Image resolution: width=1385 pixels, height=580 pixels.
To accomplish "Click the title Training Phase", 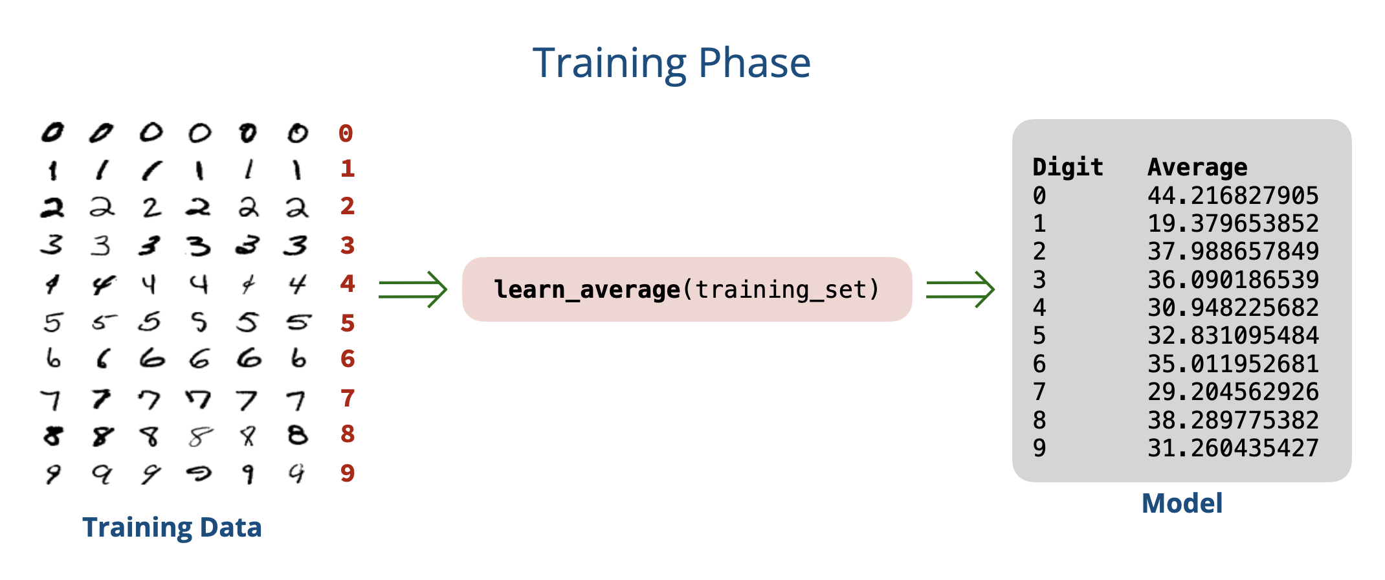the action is pyautogui.click(x=672, y=64).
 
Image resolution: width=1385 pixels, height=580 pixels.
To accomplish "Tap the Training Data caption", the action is pyautogui.click(x=172, y=528).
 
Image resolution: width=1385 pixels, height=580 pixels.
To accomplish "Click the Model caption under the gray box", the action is pyautogui.click(x=1182, y=504).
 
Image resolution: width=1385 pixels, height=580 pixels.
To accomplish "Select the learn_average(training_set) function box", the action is pyautogui.click(x=687, y=289).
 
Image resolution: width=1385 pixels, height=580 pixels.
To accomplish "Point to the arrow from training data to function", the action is pyautogui.click(x=413, y=289).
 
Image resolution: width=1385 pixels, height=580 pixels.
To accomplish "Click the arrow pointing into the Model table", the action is pyautogui.click(x=960, y=289).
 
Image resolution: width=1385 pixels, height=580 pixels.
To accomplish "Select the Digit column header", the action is pyautogui.click(x=1068, y=168).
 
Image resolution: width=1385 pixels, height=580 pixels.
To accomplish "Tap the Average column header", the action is pyautogui.click(x=1197, y=168).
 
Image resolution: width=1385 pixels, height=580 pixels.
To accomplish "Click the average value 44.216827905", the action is pyautogui.click(x=1233, y=195).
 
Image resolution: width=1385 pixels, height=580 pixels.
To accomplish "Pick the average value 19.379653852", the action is pyautogui.click(x=1233, y=223).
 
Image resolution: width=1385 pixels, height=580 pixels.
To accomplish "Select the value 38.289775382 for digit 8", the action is pyautogui.click(x=1233, y=420).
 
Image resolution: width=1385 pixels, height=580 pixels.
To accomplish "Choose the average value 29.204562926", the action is pyautogui.click(x=1233, y=392).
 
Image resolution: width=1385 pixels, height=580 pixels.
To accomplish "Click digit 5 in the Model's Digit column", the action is pyautogui.click(x=1039, y=336).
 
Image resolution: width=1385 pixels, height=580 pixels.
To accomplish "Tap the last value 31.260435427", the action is pyautogui.click(x=1233, y=448).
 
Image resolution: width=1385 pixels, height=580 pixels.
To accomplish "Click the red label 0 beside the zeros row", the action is pyautogui.click(x=346, y=133).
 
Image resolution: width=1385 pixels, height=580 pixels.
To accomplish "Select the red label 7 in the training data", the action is pyautogui.click(x=348, y=398).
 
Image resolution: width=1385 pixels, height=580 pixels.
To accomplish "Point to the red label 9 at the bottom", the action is pyautogui.click(x=348, y=473).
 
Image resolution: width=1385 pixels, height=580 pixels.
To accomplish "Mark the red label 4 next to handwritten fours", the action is pyautogui.click(x=348, y=284).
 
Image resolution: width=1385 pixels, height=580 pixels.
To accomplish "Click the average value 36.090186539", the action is pyautogui.click(x=1233, y=280).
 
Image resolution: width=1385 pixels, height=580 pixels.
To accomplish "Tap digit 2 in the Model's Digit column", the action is pyautogui.click(x=1039, y=251).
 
